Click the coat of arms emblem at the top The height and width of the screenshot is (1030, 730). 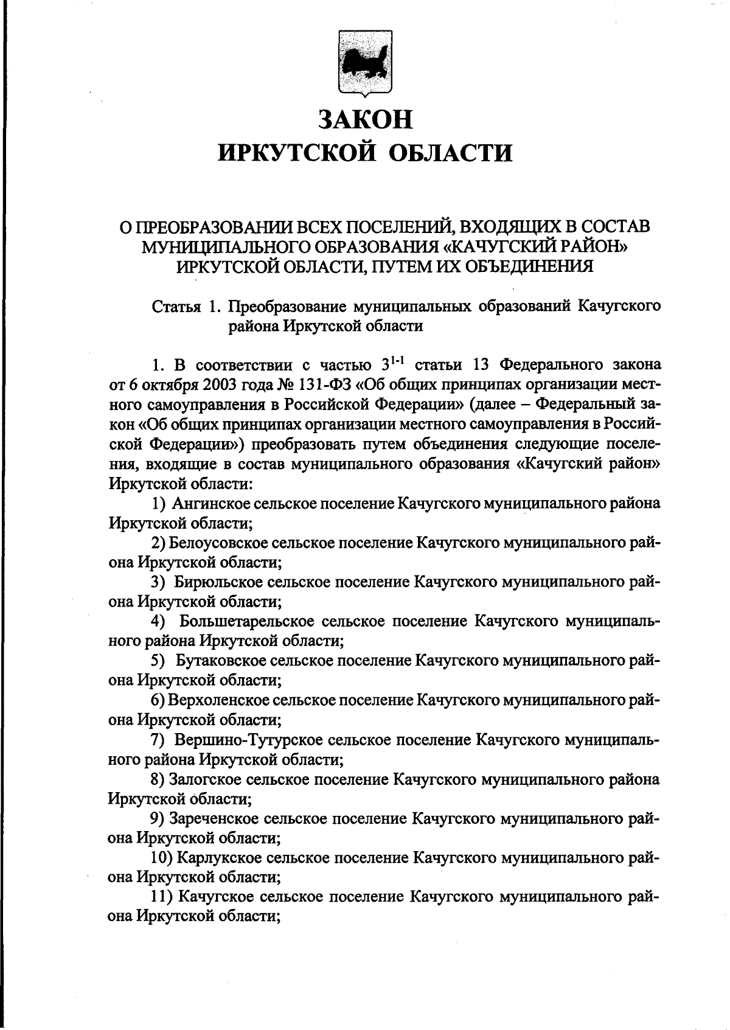pyautogui.click(x=366, y=63)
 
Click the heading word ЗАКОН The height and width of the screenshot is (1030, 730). pyautogui.click(x=366, y=119)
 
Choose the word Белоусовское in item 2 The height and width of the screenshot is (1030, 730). pyautogui.click(x=218, y=543)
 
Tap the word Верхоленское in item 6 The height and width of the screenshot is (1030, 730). pyautogui.click(x=220, y=700)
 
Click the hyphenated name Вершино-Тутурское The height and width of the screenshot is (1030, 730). pyautogui.click(x=248, y=740)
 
